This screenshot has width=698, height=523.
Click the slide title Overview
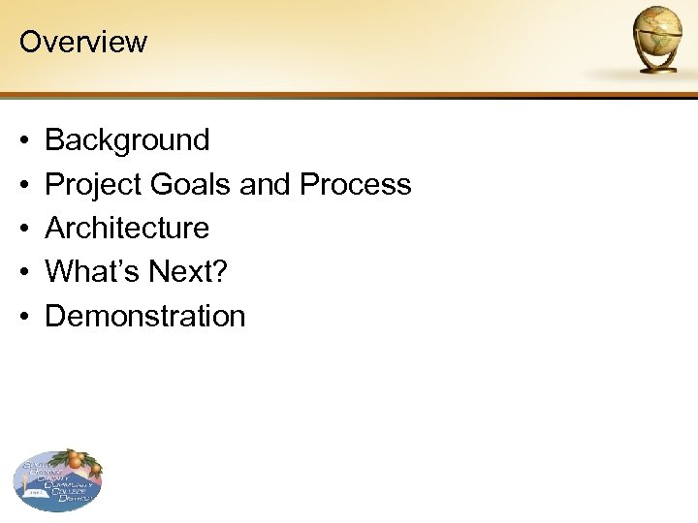point(82,42)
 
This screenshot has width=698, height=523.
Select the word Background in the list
point(127,140)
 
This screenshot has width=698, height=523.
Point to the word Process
point(356,184)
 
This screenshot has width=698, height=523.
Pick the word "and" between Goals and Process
point(266,184)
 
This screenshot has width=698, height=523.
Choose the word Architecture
point(127,229)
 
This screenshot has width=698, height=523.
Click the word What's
point(93,272)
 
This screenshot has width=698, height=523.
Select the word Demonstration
point(145,316)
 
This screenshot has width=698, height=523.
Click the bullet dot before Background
point(23,141)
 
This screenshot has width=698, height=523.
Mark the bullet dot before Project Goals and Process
point(23,185)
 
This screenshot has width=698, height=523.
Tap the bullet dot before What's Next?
point(23,273)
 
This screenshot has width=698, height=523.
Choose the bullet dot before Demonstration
point(23,317)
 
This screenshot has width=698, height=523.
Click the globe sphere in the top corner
point(657,31)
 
